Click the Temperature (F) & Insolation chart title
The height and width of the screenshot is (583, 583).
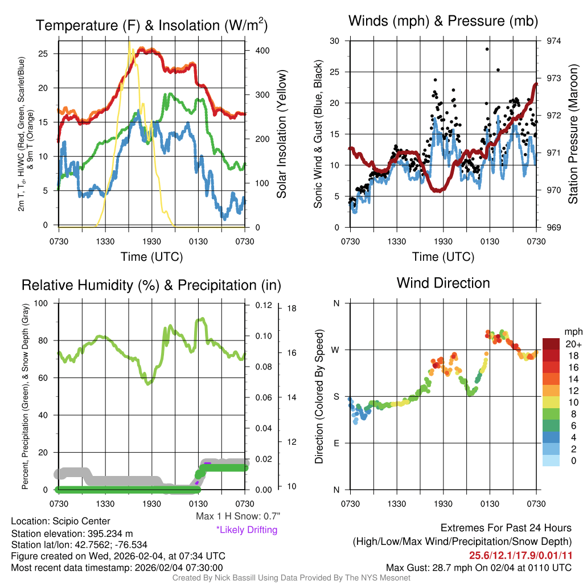[x=151, y=25]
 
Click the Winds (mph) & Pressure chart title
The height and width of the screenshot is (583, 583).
[x=443, y=21]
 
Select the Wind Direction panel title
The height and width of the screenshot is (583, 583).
[x=443, y=282]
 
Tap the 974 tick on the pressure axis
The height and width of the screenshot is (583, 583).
[x=554, y=41]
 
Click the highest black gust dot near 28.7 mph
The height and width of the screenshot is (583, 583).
[x=487, y=49]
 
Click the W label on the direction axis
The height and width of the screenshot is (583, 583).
[x=336, y=350]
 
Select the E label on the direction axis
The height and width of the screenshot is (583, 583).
[x=336, y=443]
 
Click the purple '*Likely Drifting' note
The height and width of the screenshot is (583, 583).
[x=247, y=529]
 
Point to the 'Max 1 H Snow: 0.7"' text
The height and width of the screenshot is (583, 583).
[x=237, y=516]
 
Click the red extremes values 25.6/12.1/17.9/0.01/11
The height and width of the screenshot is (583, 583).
[x=520, y=555]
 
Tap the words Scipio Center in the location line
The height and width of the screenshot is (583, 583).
[x=80, y=521]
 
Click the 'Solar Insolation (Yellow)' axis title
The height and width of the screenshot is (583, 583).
[x=281, y=134]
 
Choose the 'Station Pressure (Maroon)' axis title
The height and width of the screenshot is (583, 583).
[x=573, y=134]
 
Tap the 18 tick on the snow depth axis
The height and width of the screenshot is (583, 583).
[x=292, y=309]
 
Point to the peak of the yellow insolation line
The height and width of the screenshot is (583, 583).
[x=129, y=42]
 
